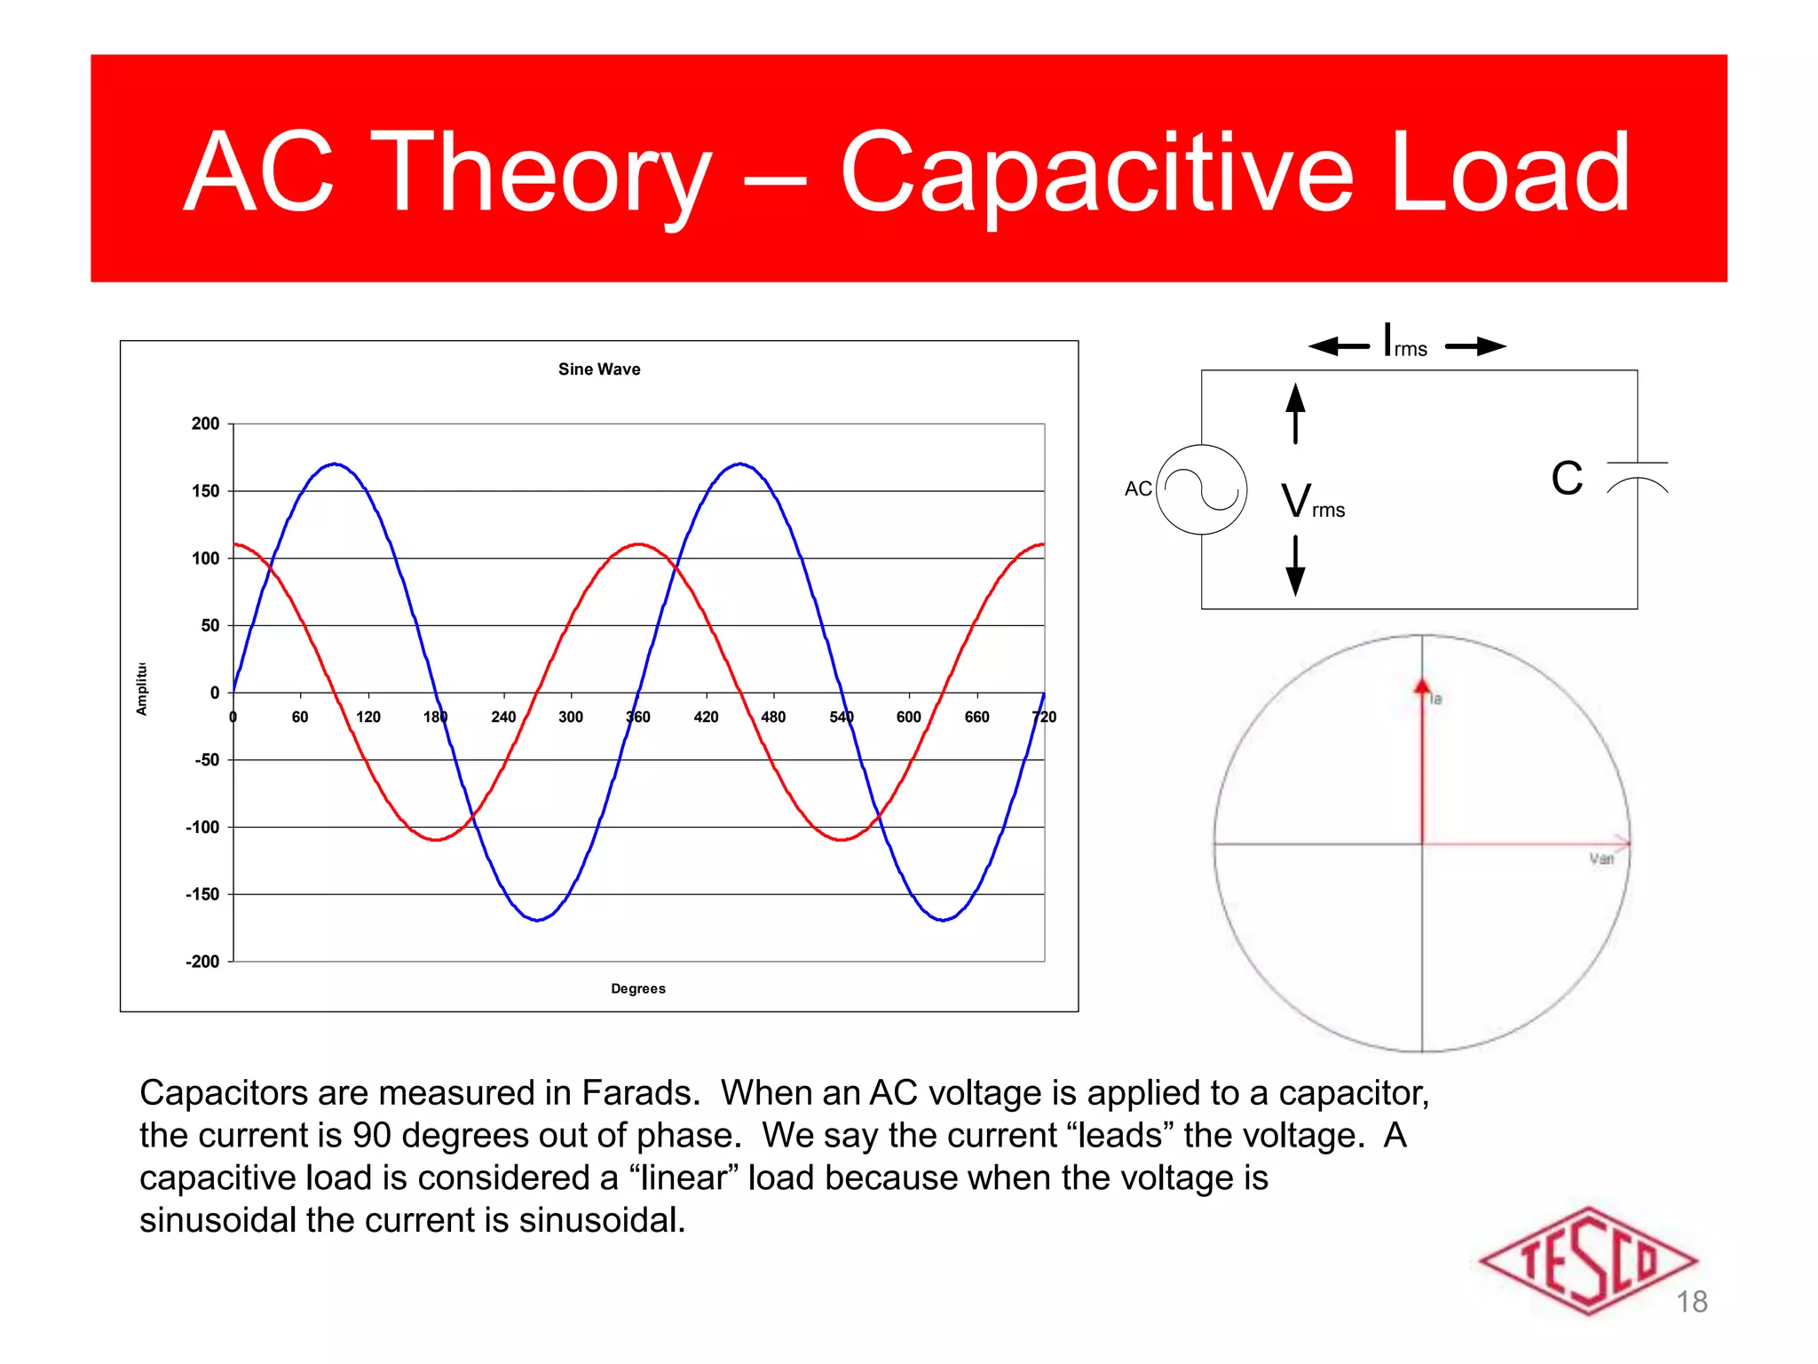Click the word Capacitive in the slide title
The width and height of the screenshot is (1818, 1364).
(x=1095, y=173)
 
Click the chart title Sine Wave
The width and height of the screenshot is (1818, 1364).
(x=599, y=369)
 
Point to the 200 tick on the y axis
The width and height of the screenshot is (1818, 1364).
(x=205, y=424)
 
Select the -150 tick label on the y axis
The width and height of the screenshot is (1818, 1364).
(x=202, y=894)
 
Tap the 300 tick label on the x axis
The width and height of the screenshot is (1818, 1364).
(x=571, y=717)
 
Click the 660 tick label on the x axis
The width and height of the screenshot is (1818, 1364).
(x=976, y=717)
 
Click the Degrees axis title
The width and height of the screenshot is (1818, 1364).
(x=637, y=988)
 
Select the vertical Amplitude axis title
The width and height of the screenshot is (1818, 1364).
(x=142, y=689)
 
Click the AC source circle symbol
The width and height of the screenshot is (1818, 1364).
(x=1202, y=489)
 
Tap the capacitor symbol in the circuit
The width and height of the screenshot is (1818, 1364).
(x=1637, y=476)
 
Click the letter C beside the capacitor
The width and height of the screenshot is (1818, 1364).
(x=1567, y=479)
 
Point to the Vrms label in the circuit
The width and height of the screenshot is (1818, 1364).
(x=1313, y=502)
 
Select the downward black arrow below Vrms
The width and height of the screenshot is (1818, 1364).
(x=1296, y=567)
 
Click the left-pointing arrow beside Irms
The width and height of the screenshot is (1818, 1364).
(x=1338, y=346)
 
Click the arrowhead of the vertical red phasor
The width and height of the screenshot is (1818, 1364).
(x=1422, y=686)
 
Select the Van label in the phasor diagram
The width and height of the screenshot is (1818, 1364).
(x=1601, y=859)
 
